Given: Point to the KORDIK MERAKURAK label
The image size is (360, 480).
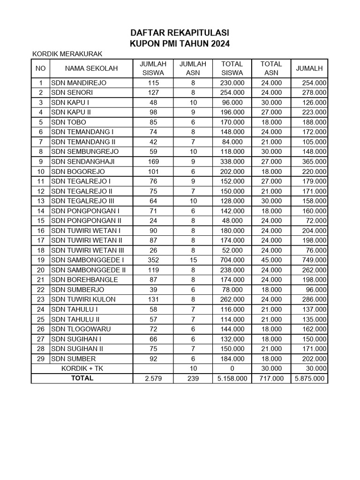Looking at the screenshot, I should (x=67, y=54).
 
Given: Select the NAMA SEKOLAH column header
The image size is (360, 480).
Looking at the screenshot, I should (x=91, y=68).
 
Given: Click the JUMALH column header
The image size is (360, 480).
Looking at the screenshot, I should (x=309, y=68).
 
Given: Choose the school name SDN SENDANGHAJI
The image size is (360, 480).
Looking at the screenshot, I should (x=82, y=161).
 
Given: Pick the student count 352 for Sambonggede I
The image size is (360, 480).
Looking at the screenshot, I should (x=154, y=260).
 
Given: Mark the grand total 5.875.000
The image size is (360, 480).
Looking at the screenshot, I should (x=309, y=378).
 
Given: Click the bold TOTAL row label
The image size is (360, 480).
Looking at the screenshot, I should (x=82, y=378).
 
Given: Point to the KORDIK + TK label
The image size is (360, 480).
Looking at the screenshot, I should (x=82, y=368).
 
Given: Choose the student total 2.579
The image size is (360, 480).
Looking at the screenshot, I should (x=154, y=378).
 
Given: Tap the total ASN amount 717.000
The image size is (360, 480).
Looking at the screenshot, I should (x=271, y=378).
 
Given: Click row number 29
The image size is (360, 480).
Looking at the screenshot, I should (x=41, y=359).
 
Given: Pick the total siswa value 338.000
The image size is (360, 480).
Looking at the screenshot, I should (x=232, y=161).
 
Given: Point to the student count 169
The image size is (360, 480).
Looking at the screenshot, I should (x=154, y=161).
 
